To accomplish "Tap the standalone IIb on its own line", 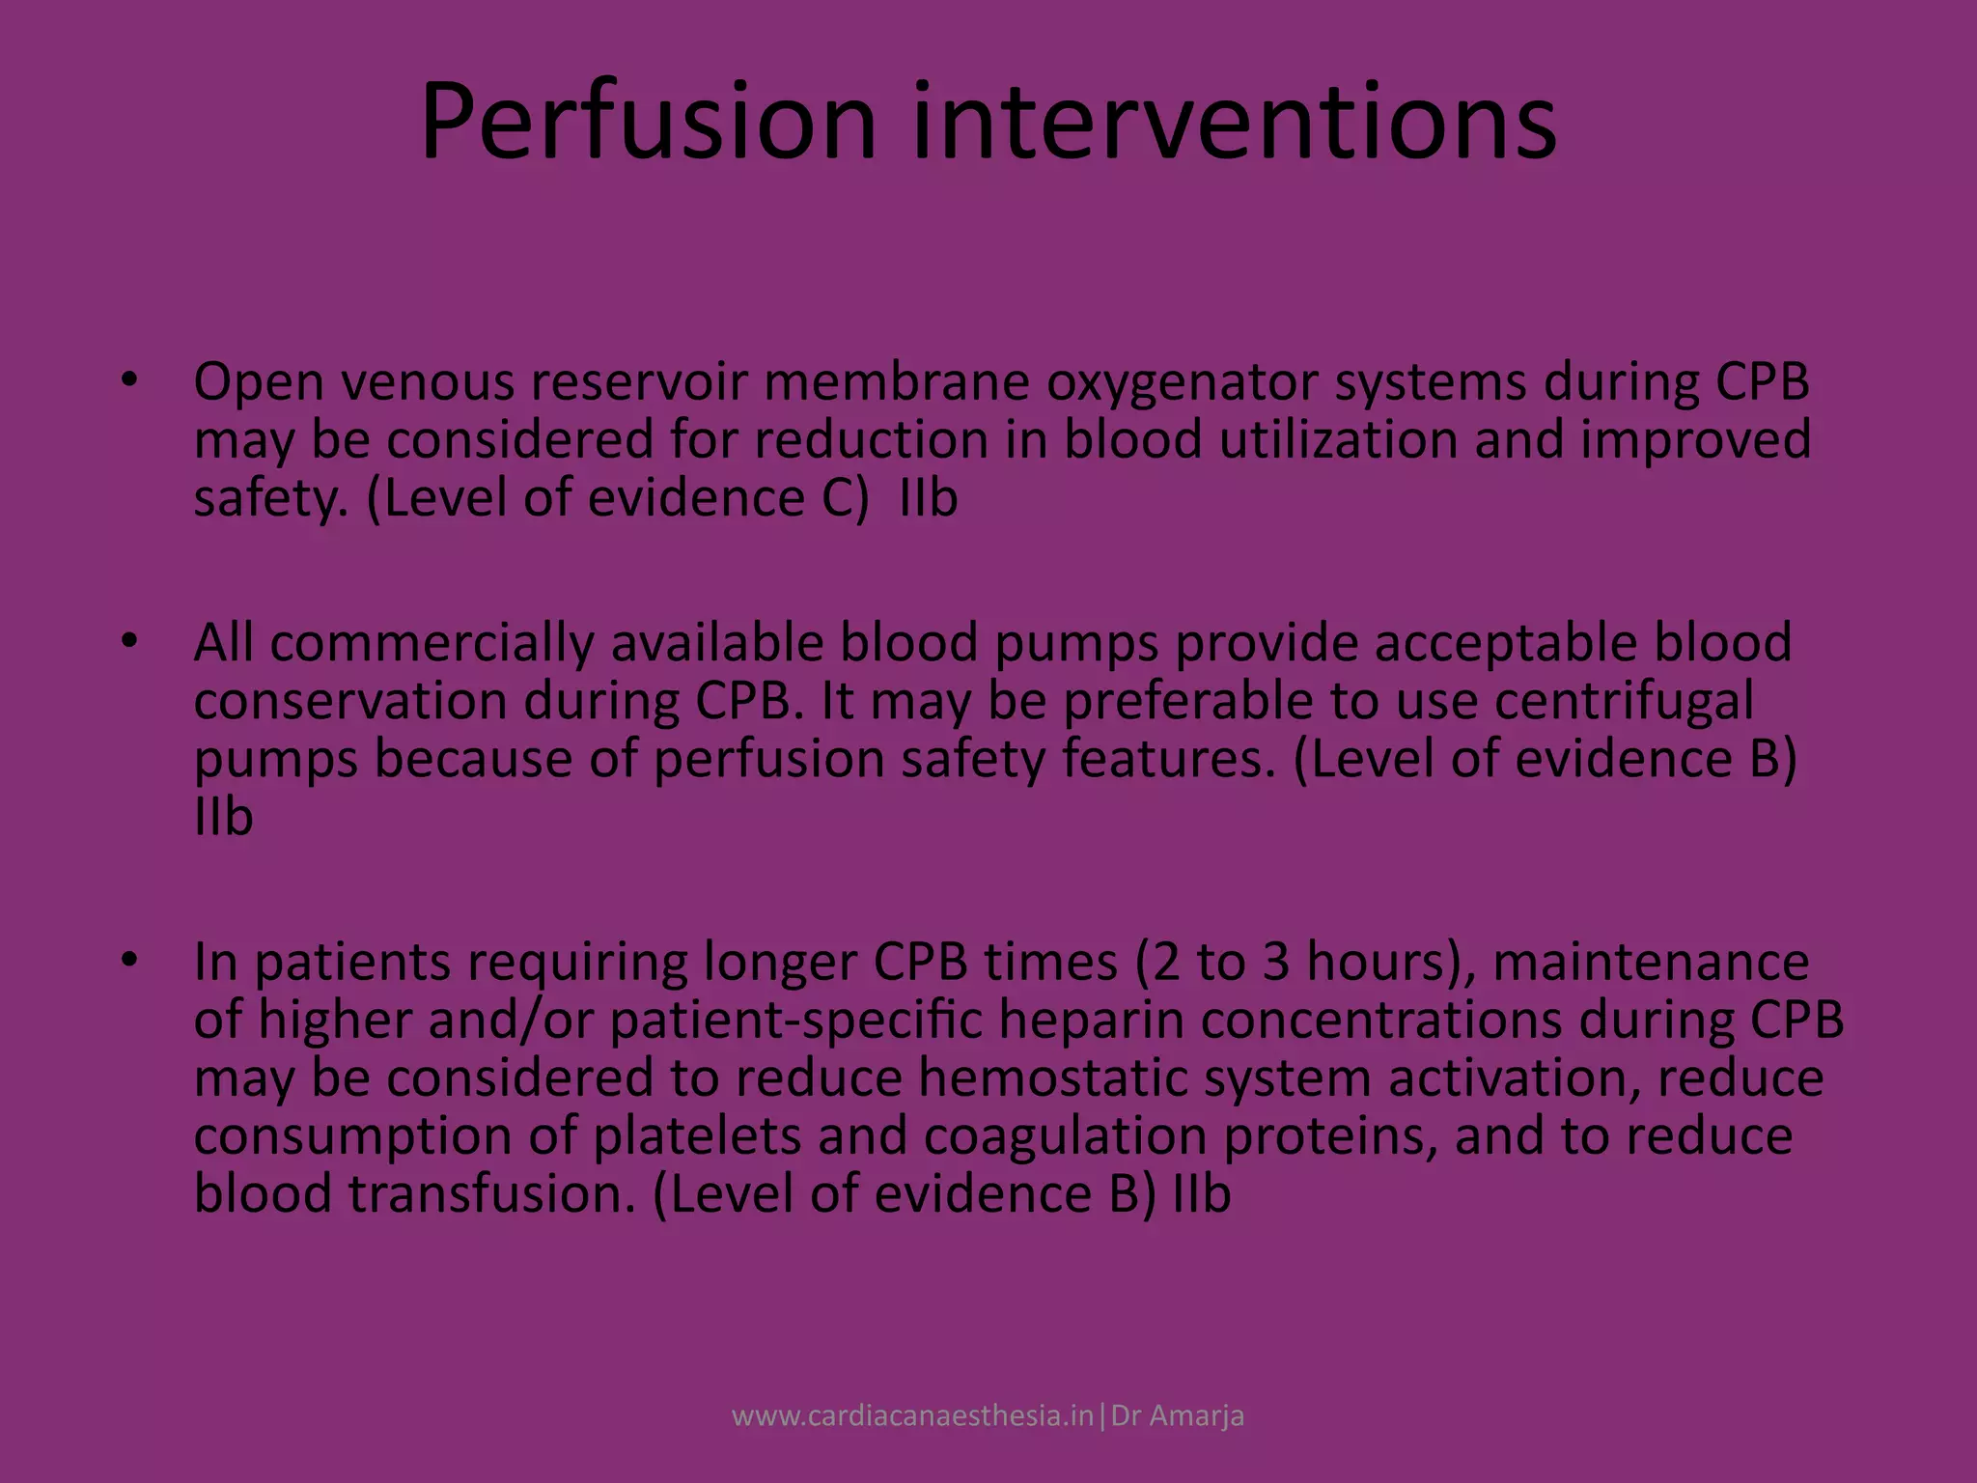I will pos(223,817).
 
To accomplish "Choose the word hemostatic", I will pos(1051,1078).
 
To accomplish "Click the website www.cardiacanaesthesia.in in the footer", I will pos(912,1416).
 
